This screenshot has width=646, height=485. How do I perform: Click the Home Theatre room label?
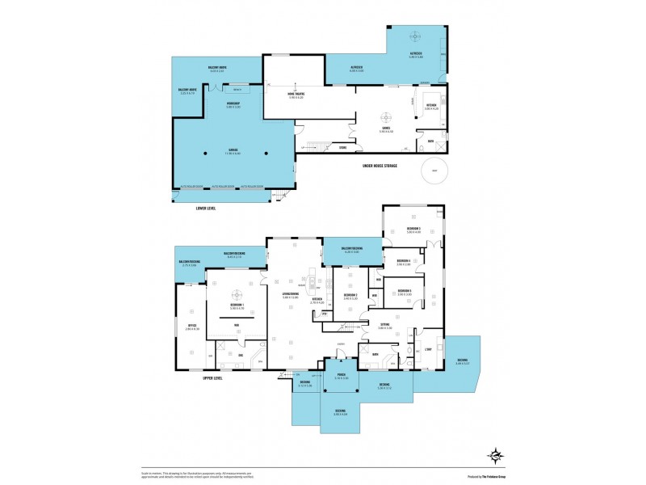coord(296,95)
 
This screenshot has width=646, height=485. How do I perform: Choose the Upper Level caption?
coord(212,377)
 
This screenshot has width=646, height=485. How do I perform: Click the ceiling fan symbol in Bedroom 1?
coord(237,296)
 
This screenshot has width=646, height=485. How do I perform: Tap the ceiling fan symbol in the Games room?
coord(386,114)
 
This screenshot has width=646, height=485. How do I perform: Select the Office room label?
coord(191,327)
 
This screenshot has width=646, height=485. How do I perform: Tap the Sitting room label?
coord(384,326)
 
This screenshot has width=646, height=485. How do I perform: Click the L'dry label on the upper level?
coord(429,348)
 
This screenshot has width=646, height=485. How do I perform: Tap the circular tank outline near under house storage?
coord(435,171)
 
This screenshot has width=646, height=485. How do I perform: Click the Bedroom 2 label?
coord(350,296)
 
